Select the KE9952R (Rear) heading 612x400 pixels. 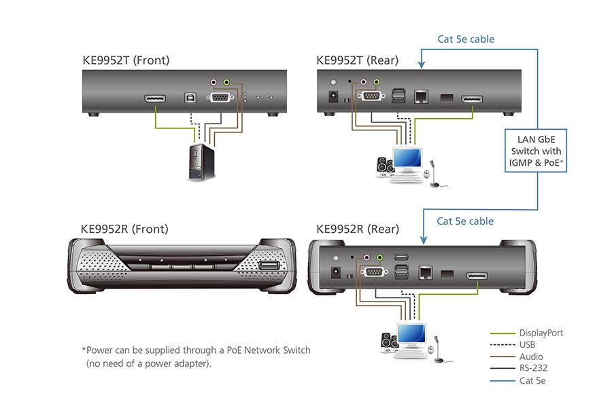pos(358,229)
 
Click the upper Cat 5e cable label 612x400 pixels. pos(465,39)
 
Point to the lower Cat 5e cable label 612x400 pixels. pos(465,221)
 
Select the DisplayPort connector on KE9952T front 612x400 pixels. pos(156,100)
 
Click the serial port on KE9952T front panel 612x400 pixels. pos(219,98)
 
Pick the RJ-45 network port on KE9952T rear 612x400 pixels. pos(422,96)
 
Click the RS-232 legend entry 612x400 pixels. pos(532,369)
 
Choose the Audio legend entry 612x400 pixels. pos(531,357)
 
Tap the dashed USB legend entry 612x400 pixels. pos(528,345)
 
